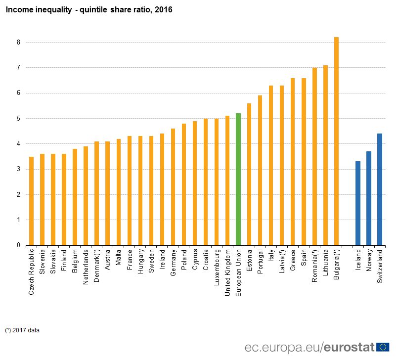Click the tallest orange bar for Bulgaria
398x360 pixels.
[x=336, y=141]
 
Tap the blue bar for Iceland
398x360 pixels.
[x=358, y=203]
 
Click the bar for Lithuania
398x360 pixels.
[x=325, y=155]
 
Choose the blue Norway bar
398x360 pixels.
[x=369, y=198]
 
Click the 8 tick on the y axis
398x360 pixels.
[x=18, y=42]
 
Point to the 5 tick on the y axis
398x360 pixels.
[x=18, y=119]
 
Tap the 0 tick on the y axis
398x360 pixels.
[x=18, y=245]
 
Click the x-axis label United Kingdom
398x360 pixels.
[x=227, y=272]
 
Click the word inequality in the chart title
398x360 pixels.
[x=50, y=10]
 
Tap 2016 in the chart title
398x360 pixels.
[x=164, y=10]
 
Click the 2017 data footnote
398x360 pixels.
[x=23, y=330]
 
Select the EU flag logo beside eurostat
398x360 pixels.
[x=383, y=347]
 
